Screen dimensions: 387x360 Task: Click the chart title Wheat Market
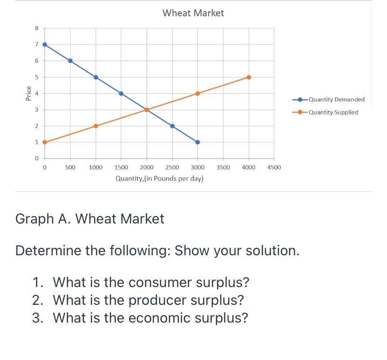coord(193,13)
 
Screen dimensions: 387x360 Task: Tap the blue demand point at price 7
coord(45,44)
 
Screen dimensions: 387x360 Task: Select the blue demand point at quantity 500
coord(70,61)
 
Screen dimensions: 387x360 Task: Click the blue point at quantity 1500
coord(121,94)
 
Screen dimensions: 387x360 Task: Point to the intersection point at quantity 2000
coord(147,110)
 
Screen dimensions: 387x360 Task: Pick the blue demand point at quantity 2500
coord(172,126)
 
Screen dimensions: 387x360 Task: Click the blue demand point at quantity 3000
coord(198,142)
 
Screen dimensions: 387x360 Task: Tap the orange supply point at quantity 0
coord(45,142)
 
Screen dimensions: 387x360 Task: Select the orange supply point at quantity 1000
coord(96,126)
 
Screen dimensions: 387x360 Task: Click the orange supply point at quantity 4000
coord(249,77)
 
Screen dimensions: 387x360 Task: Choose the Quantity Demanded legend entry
coord(329,100)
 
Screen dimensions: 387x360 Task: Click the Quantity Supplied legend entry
coord(325,112)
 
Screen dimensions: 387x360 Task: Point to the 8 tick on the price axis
coord(37,28)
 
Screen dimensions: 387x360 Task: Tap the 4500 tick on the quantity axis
coord(274,167)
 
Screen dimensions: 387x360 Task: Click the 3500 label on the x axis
coord(223,167)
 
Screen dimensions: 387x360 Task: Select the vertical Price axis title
coord(29,94)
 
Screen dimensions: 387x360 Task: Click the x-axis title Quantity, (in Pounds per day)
coord(159,178)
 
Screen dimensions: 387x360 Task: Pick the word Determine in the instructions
coord(49,251)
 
